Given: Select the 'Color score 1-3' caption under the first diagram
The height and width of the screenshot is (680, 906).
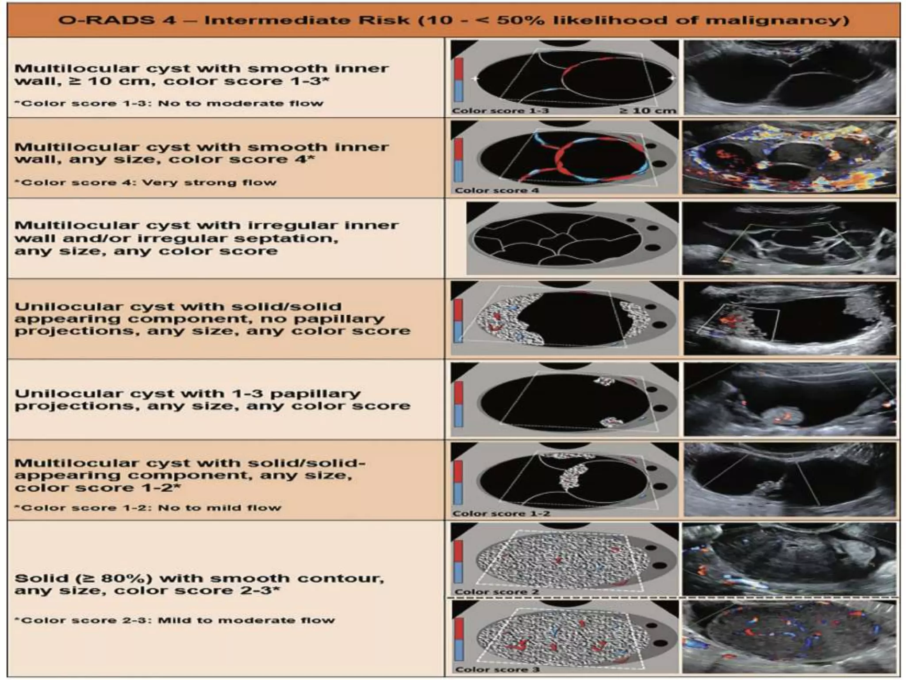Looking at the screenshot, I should pos(500,110).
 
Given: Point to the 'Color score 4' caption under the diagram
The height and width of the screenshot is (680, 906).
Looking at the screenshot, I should pos(497,190).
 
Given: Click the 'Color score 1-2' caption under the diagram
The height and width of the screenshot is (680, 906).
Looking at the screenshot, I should pos(501,514).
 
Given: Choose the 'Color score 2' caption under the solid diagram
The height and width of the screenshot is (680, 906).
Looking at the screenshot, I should pos(496,592).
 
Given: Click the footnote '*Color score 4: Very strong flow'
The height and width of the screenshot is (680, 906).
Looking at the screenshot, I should pos(146,182).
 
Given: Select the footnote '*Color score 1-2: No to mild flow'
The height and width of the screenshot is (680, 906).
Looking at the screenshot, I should pos(148,507).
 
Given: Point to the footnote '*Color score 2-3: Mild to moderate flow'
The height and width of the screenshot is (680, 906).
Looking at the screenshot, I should pos(174,620).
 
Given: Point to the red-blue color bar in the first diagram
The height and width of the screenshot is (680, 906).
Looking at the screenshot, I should pos(458,80).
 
